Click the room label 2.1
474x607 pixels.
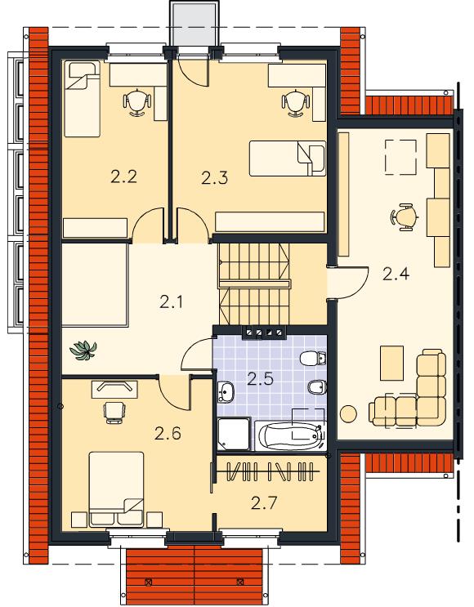point(171,302)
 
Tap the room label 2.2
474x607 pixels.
point(123,177)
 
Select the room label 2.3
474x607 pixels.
point(215,178)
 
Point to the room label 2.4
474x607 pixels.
point(396,274)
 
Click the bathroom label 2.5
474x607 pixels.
point(260,379)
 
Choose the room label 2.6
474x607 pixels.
point(168,434)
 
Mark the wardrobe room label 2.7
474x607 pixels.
point(264,503)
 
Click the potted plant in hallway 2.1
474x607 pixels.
point(83,350)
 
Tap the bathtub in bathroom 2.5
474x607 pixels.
point(290,436)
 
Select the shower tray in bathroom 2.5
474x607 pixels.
point(234,435)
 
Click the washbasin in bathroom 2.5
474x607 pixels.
point(226,392)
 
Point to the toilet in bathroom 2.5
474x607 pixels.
point(313,359)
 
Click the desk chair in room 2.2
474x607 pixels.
point(136,102)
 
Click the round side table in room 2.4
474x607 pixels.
point(348,413)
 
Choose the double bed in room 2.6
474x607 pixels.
point(116,489)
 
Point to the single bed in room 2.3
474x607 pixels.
point(288,158)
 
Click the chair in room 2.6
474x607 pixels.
point(114,413)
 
